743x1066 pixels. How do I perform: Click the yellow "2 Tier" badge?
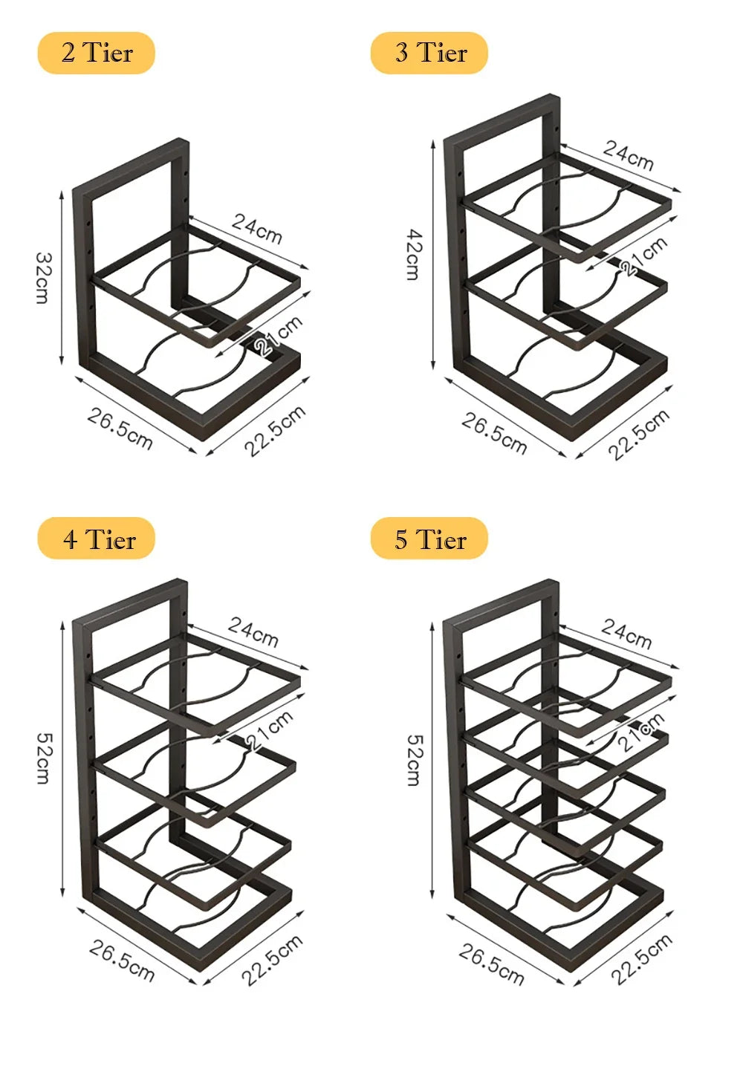pyautogui.click(x=96, y=53)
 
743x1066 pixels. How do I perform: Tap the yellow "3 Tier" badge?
pyautogui.click(x=429, y=53)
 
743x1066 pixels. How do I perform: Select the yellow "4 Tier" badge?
pyautogui.click(x=97, y=539)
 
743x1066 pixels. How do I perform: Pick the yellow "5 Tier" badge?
pyautogui.click(x=429, y=539)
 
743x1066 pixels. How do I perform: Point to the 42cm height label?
pyautogui.click(x=413, y=255)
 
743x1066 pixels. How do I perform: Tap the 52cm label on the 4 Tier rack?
pyautogui.click(x=44, y=758)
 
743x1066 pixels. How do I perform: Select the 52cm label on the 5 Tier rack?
pyautogui.click(x=414, y=760)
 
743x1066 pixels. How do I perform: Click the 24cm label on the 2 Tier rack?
pyautogui.click(x=257, y=228)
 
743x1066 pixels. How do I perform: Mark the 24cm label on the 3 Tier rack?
pyautogui.click(x=629, y=155)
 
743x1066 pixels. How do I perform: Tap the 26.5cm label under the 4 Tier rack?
pyautogui.click(x=122, y=961)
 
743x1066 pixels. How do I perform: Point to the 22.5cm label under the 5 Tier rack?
pyautogui.click(x=641, y=959)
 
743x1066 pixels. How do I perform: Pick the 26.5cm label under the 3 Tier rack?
pyautogui.click(x=494, y=433)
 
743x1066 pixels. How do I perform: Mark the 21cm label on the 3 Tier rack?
pyautogui.click(x=644, y=256)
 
